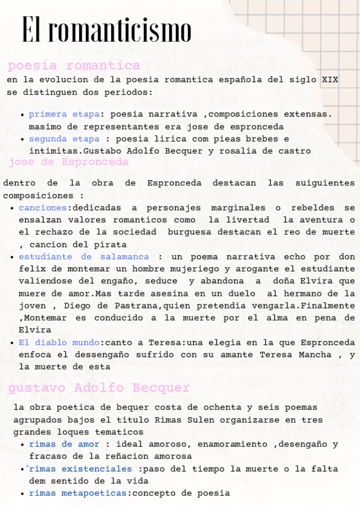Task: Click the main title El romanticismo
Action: tap(107, 30)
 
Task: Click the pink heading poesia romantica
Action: tap(74, 65)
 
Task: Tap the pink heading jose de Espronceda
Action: tap(68, 162)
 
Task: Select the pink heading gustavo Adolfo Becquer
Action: tap(99, 388)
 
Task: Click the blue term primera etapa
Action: tap(64, 114)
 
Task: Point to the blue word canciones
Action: tap(43, 208)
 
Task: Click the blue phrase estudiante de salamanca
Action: tap(83, 256)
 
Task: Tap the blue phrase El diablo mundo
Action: tap(59, 342)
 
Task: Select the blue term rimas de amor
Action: tap(64, 444)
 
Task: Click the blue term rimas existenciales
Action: tap(80, 469)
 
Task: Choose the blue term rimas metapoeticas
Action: tap(78, 493)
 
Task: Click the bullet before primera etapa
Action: tap(23, 115)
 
